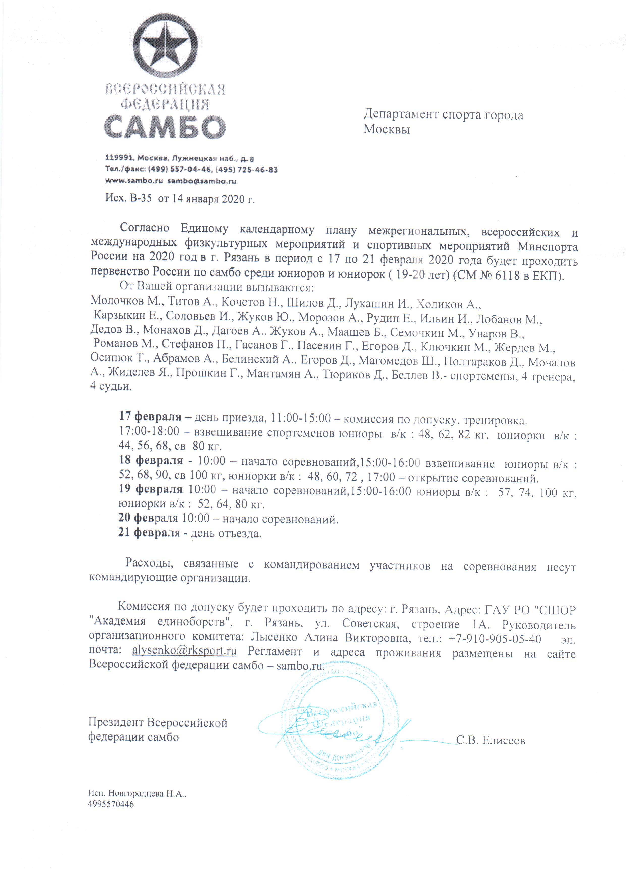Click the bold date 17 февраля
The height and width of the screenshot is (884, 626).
(150, 417)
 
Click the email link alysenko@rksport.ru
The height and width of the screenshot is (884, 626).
(184, 651)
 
